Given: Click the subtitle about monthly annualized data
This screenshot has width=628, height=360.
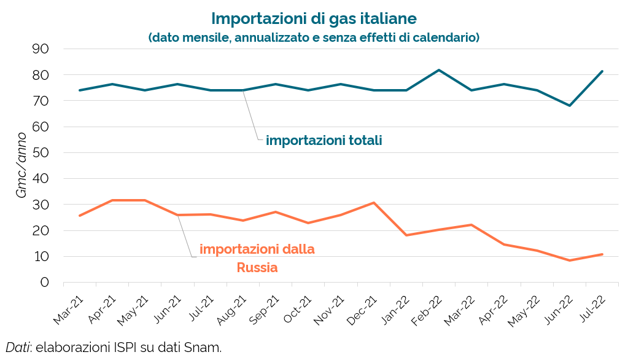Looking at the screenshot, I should pos(314,37).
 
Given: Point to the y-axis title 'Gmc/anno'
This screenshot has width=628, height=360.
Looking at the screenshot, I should pos(21,165).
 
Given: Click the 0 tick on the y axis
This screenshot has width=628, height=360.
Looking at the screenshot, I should pos(44,283).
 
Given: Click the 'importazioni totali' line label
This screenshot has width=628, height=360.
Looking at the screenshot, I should pos(324,141).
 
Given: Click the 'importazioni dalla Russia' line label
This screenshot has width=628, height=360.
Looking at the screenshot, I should pos(257,259).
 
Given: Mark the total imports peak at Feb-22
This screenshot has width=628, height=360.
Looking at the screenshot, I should pos(439,70).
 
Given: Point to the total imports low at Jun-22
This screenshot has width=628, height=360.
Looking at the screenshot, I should pos(570,106).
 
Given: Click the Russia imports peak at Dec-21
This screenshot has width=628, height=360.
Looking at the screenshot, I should pos(374,203).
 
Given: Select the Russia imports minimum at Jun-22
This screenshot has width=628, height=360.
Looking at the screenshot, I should pos(570,260).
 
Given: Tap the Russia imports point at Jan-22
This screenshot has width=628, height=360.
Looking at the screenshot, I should pos(406,235).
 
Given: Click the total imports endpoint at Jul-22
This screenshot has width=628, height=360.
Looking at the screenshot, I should pos(602,71).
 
